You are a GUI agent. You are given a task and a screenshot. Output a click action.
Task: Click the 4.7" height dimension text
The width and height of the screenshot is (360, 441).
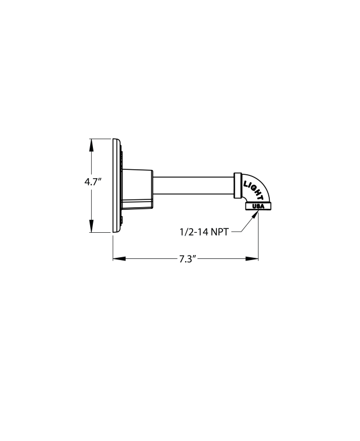tap(92, 182)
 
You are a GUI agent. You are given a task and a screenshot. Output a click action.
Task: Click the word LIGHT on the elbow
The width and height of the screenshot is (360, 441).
tap(254, 190)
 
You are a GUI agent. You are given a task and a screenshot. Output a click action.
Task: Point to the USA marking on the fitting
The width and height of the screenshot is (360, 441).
tap(258, 206)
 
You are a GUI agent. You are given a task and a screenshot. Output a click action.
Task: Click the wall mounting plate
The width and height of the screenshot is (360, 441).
tap(116, 185)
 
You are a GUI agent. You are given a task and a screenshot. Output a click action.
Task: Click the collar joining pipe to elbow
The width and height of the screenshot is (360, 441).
tap(238, 185)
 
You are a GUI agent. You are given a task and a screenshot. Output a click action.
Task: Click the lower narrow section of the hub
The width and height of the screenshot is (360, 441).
tap(136, 204)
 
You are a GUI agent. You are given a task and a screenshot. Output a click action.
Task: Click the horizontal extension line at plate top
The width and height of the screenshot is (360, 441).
tap(101, 138)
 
